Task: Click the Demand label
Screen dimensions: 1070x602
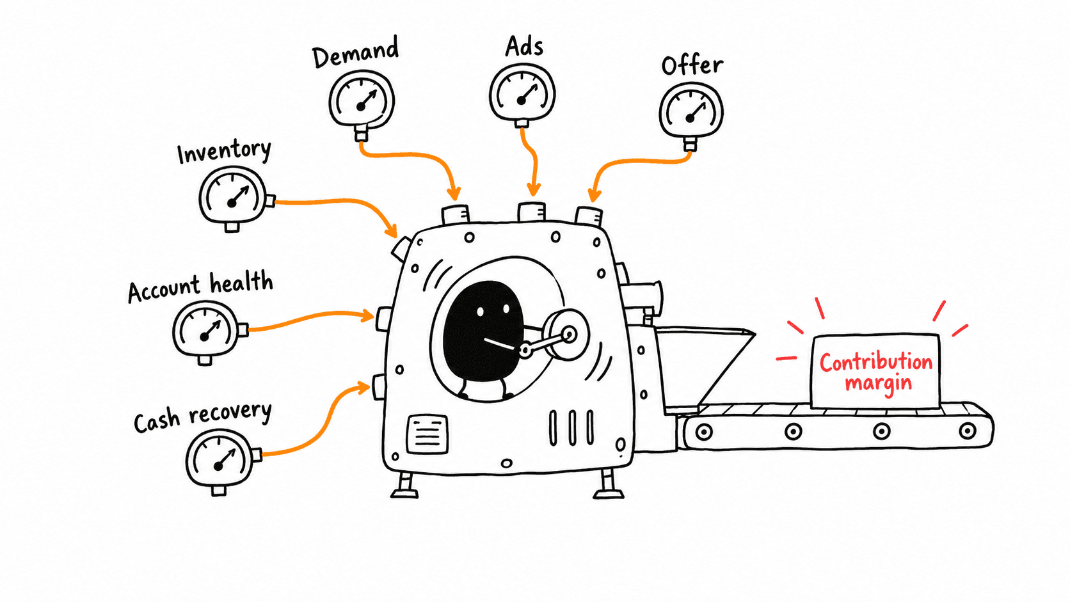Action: [355, 52]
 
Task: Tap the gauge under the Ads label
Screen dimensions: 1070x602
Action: [522, 95]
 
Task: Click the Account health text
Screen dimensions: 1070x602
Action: [200, 286]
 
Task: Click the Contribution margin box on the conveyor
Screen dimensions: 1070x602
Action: [875, 371]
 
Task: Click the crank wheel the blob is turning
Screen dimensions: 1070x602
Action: [566, 334]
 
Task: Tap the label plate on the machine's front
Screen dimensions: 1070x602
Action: [427, 434]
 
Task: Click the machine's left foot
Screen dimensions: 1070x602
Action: [405, 485]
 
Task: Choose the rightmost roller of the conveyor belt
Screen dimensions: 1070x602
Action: [968, 431]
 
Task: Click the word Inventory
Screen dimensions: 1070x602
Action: [223, 152]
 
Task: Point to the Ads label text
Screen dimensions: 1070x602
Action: [524, 46]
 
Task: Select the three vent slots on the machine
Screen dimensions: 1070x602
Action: [571, 427]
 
